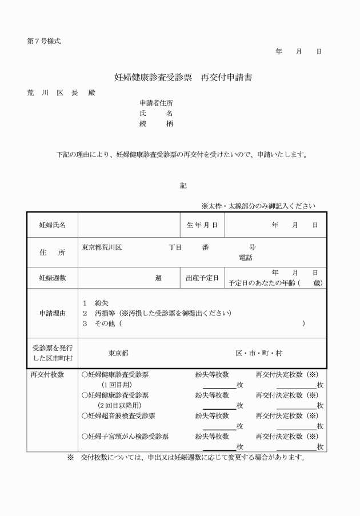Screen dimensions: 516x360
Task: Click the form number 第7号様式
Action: pos(43,41)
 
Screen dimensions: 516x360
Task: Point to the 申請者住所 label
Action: pos(156,103)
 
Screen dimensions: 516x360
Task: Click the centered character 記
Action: pos(183,185)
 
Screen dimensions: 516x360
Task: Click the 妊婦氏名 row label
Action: pos(52,225)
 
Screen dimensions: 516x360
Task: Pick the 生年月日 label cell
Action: pos(202,225)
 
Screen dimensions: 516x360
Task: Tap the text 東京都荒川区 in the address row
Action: pos(102,247)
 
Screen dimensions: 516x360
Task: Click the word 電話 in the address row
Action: pos(246,258)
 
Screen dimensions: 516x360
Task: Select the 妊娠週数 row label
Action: pos(52,278)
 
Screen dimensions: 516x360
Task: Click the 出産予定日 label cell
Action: pos(202,278)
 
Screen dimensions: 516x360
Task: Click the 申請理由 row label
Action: pos(52,313)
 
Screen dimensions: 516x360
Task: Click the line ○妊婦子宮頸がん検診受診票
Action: pos(125,437)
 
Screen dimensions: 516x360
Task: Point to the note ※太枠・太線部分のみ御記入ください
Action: pos(258,206)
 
